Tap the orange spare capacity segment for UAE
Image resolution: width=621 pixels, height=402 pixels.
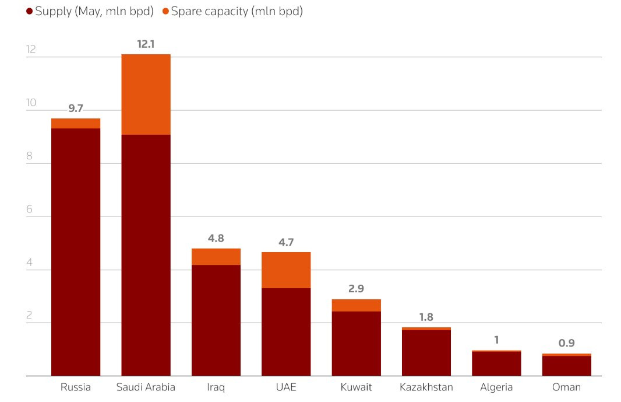pos(286,270)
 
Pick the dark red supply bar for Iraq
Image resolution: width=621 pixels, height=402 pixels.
pos(216,320)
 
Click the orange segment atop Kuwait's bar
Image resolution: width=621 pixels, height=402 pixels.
pos(357,305)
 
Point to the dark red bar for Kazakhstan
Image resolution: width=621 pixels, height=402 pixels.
pos(426,353)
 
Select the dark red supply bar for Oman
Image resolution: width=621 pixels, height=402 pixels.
pos(567,366)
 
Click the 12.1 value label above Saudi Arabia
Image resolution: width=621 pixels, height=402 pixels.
pos(146,44)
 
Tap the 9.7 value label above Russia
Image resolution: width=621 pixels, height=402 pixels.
pos(76,108)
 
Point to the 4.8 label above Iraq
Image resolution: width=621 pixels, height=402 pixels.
pos(216,238)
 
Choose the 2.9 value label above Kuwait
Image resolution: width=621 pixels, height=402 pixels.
pos(357,289)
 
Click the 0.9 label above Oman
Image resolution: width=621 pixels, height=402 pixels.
pos(567,343)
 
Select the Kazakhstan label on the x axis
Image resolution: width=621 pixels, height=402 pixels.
pos(426,387)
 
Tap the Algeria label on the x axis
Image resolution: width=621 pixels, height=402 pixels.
pos(496,387)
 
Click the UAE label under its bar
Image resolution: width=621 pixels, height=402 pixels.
pos(286,387)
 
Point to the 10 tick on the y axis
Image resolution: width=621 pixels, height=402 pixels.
pos(31,103)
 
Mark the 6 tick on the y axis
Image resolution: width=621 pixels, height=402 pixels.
pos(31,209)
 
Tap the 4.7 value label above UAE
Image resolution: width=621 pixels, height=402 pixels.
pos(286,242)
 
